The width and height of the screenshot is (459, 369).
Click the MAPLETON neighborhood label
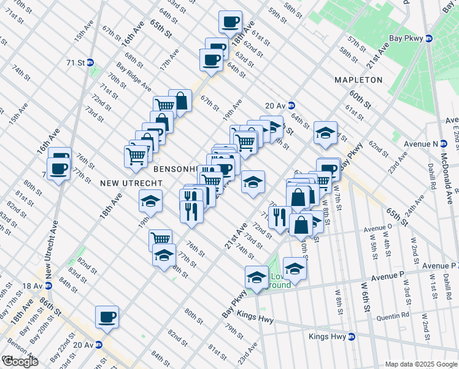click(x=358, y=80)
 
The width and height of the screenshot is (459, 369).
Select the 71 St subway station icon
click(x=90, y=62)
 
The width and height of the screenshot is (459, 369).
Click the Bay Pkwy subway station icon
click(x=429, y=38)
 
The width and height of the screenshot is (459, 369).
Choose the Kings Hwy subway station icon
click(x=352, y=336)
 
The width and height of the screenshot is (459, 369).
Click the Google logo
click(x=20, y=362)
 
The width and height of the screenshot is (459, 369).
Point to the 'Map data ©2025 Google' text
click(x=420, y=364)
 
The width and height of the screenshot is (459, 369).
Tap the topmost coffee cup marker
click(x=231, y=22)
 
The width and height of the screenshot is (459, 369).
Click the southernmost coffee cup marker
click(x=107, y=317)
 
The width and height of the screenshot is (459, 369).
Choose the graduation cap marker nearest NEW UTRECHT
click(x=150, y=201)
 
